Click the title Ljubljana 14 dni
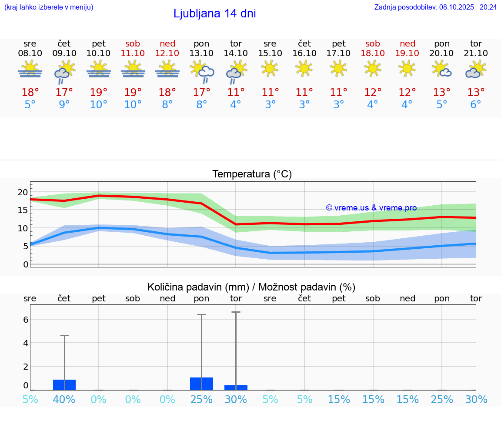pos(214,13)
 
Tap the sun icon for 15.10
pos(270,68)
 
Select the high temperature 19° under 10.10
pos(99,93)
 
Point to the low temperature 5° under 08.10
pos(30,105)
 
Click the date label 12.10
pos(167,53)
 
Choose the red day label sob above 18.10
pos(373,43)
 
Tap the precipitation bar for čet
pos(64,385)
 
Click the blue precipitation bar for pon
pos(201,384)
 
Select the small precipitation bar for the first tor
pos(236,387)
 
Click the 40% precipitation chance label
pos(64,400)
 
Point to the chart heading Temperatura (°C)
pos(252,174)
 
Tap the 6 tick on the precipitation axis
pos(26,320)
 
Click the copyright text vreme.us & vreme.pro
pos(371,208)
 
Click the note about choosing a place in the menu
pos(49,7)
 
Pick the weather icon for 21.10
pos(476,70)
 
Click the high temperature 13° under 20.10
pos(441,93)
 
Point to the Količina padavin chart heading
pos(251,287)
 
